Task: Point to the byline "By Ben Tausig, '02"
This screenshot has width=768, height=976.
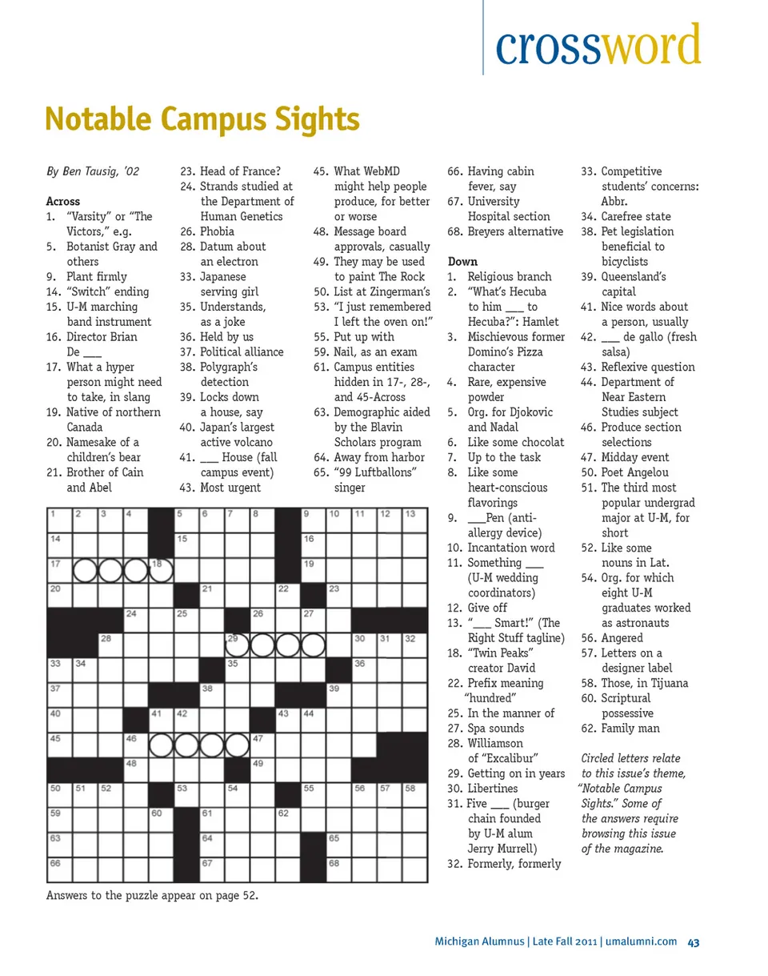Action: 93,171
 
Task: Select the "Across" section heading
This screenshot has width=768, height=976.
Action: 63,201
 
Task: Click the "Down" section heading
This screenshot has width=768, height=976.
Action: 462,261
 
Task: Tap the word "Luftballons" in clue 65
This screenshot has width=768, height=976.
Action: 382,472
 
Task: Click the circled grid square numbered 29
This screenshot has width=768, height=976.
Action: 238,646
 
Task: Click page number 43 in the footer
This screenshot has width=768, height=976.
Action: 694,942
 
